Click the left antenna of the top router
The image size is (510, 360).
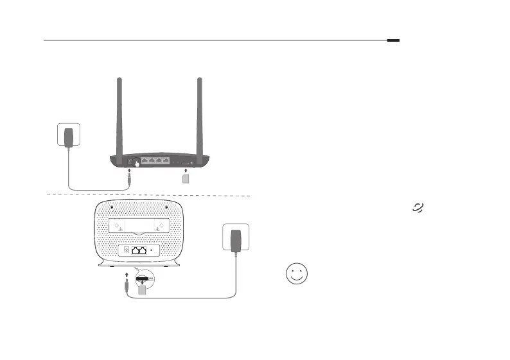[x=119, y=116]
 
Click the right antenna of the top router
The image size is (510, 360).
[x=200, y=116]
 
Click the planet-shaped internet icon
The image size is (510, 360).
[x=419, y=207]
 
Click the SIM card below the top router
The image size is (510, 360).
[x=186, y=178]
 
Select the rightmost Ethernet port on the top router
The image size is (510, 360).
[x=166, y=161]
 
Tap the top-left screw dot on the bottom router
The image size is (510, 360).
[x=112, y=207]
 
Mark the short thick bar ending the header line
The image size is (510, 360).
[x=394, y=40]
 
